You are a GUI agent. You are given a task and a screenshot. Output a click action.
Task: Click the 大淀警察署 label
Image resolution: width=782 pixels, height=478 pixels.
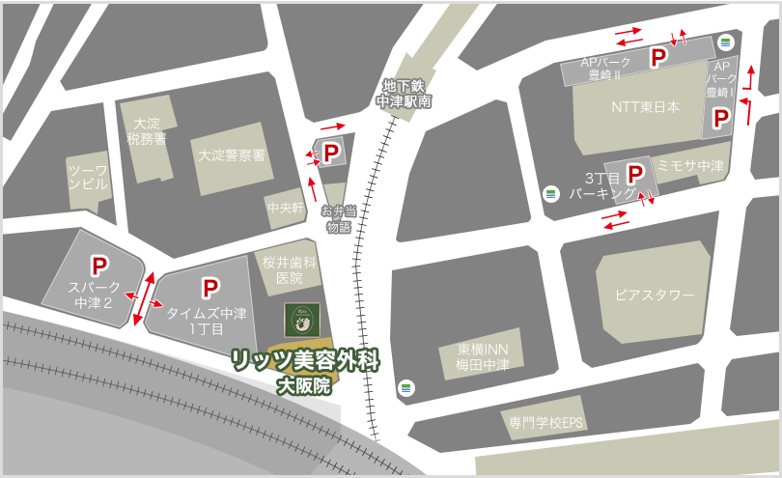coord(232,155)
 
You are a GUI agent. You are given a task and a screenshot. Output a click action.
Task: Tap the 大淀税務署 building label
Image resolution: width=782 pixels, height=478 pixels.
coord(147,131)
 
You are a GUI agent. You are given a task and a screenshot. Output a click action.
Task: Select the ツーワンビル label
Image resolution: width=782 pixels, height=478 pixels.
coord(88,177)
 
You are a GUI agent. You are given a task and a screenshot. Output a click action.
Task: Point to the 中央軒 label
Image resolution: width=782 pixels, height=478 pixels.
coord(286,208)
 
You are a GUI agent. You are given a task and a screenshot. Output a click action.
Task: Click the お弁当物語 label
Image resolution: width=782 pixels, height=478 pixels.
coord(338,219)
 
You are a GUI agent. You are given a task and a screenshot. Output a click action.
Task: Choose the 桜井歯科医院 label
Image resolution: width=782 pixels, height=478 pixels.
coord(290,269)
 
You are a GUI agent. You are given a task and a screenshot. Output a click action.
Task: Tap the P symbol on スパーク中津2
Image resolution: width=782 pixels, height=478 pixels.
coord(98,265)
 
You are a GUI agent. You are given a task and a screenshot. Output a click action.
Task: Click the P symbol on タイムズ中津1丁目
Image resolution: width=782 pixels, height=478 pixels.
coord(209,288)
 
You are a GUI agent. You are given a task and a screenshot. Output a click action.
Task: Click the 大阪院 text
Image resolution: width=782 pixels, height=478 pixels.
coord(303,386)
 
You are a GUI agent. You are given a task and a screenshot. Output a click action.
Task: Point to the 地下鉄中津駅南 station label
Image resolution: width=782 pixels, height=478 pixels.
coord(404,93)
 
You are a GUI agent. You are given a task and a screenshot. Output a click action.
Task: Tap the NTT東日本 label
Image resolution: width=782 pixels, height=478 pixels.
coord(645,107)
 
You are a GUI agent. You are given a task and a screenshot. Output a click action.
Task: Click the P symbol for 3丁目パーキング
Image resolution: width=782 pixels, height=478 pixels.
coord(635,174)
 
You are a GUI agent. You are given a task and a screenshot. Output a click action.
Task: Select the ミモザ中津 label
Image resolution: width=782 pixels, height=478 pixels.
coord(690,165)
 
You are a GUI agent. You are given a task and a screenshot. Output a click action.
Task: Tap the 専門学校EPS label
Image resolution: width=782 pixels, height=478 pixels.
coord(547,423)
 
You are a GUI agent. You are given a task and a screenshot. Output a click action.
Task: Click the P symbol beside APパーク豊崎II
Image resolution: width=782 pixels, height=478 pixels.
coord(657,58)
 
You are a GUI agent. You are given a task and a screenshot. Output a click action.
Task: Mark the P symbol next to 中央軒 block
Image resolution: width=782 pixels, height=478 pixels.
coord(330,153)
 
